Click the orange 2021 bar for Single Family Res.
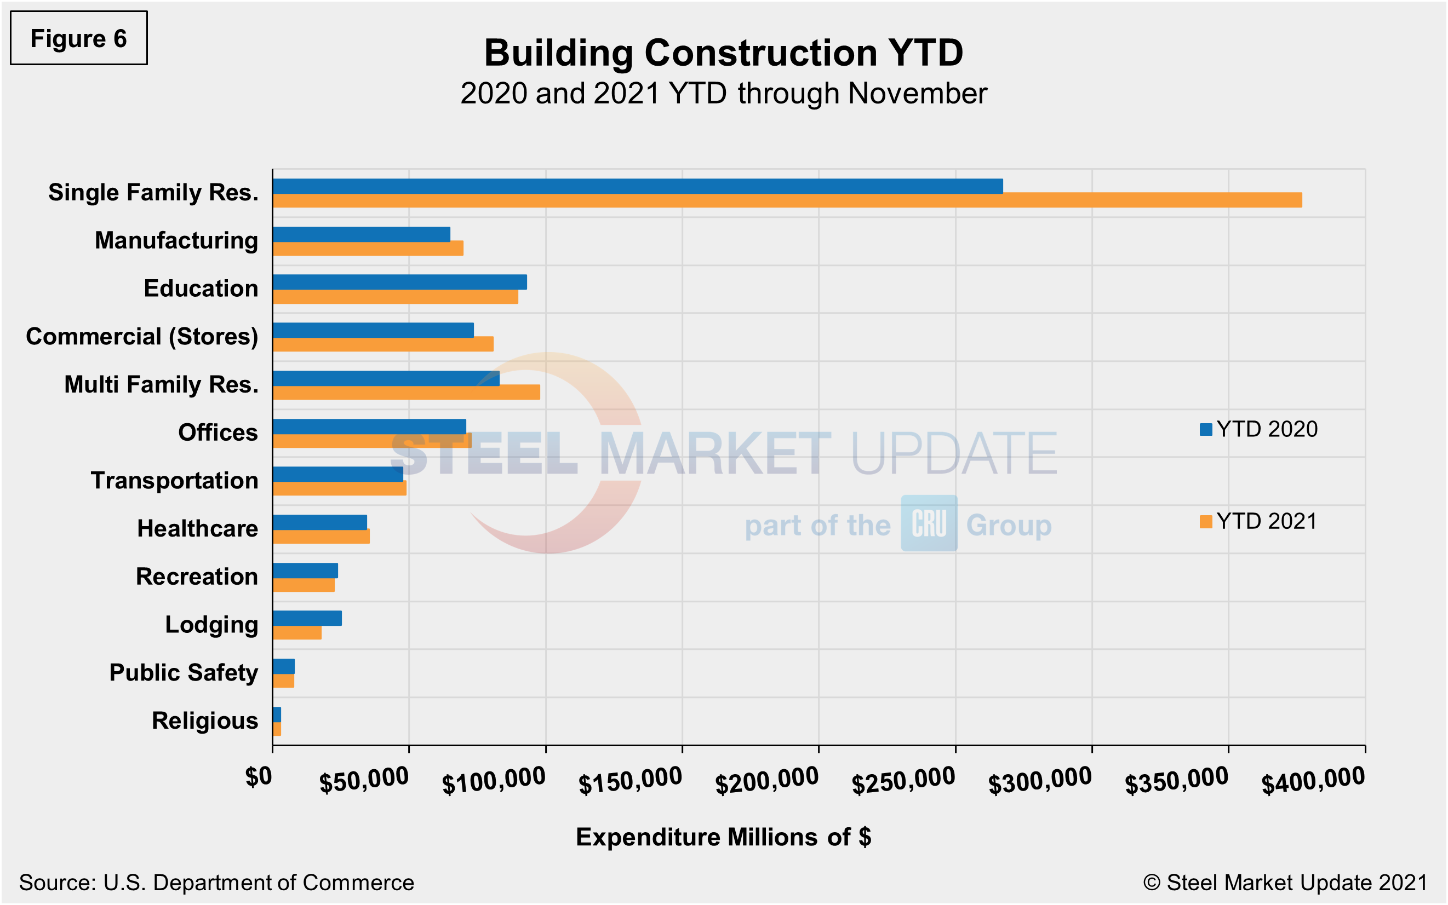tap(786, 200)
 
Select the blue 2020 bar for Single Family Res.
tap(637, 186)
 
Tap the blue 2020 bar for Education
tap(399, 282)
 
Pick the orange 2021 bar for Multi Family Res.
tap(406, 393)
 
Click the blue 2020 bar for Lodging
tap(307, 618)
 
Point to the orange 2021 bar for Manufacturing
tap(368, 249)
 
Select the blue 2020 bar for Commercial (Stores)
tap(373, 330)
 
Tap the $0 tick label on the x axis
tap(259, 777)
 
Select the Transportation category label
tap(174, 481)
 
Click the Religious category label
tap(205, 720)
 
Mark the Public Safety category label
tap(183, 673)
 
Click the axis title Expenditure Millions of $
tap(723, 837)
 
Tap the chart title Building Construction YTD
tap(723, 53)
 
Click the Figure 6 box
tap(78, 38)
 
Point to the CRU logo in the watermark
tap(929, 523)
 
